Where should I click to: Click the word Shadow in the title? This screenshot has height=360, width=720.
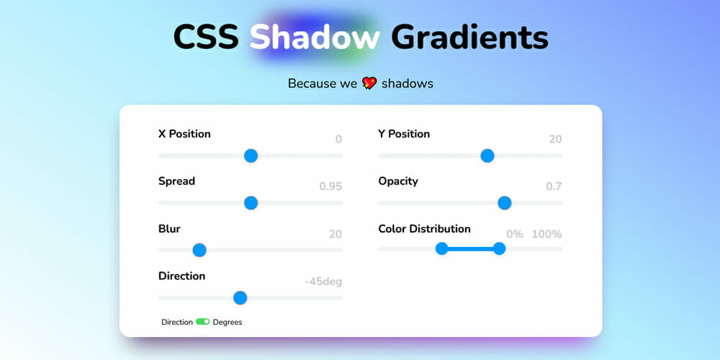point(315,37)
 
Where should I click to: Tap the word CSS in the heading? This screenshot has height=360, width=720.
point(206,37)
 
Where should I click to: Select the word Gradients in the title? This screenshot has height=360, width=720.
point(469,37)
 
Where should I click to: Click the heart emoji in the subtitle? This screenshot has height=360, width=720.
point(369,83)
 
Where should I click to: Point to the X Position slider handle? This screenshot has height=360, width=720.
point(251,156)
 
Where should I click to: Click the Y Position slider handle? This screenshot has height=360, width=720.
point(487,156)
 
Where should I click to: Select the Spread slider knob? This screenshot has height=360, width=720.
point(251,203)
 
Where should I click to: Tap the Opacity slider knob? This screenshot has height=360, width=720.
point(505,203)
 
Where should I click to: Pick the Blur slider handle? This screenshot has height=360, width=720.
point(199,251)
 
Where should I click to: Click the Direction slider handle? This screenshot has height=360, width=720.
point(240,298)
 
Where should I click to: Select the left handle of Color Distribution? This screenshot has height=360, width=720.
point(442,249)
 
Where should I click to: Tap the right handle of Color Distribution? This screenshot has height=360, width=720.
point(499,249)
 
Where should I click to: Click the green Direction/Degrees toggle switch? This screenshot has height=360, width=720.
point(202,322)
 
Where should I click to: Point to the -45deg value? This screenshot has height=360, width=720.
point(323,282)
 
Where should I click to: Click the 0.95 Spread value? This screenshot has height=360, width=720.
point(330,186)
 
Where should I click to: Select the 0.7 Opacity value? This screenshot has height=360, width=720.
point(554,186)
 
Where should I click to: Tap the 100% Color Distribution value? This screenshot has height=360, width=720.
point(547,234)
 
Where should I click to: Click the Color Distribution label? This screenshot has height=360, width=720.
point(424,229)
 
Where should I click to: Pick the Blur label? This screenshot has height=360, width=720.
point(169,229)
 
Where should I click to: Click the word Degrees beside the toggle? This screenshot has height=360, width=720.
point(228,323)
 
